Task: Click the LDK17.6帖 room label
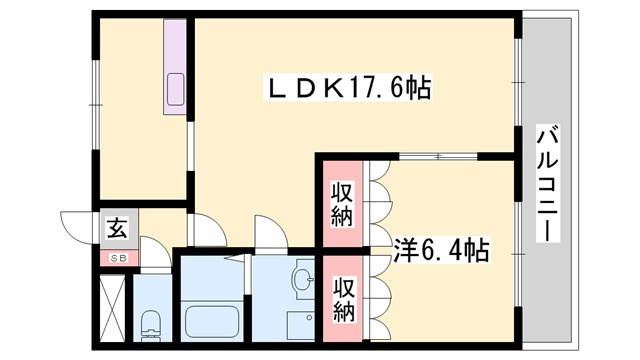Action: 349,88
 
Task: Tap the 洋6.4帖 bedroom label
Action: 441,250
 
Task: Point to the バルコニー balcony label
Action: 547,183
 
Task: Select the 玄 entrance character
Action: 117,228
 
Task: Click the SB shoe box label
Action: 119,258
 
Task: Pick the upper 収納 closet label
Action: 342,204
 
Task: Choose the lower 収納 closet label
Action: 343,299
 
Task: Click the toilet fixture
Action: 151,325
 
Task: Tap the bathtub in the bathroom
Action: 211,321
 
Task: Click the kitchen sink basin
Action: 176,89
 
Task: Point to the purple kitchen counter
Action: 175,66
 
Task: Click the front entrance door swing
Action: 76,228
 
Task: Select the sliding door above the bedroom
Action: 438,156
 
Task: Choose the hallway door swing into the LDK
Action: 208,230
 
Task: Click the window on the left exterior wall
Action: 95,104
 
